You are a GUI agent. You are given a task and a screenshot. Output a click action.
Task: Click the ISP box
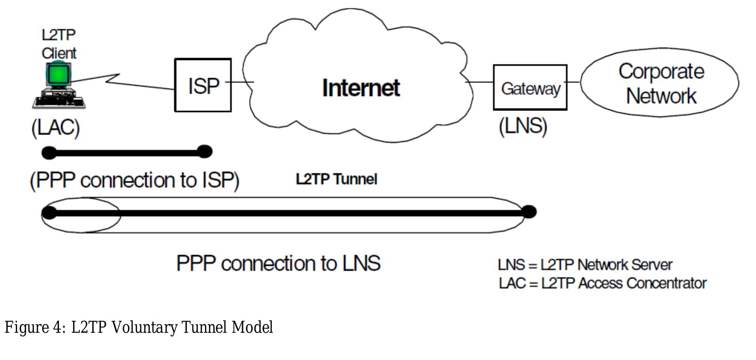pos(203,85)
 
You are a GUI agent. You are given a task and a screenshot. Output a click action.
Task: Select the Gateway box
pos(530,88)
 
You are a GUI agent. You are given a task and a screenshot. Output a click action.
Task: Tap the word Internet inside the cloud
pos(361,88)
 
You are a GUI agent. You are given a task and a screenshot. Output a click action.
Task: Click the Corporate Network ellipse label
pos(661,84)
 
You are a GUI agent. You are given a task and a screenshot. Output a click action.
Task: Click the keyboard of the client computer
pos(59,103)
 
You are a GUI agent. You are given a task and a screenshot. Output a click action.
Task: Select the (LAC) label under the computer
pos(56,127)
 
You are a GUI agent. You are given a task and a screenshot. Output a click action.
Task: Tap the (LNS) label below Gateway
pos(523,126)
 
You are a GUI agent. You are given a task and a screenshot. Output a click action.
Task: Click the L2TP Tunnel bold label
pos(337,179)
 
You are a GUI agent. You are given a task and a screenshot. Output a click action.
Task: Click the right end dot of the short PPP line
pos(205,152)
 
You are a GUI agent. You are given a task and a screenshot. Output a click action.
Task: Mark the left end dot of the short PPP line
pos(49,153)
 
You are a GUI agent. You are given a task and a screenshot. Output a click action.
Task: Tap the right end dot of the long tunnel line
pos(529,212)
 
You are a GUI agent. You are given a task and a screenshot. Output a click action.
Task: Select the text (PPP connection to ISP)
pos(135,180)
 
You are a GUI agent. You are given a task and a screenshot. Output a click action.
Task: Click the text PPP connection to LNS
pos(278,263)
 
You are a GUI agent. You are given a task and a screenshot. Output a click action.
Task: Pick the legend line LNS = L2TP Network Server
pos(585,265)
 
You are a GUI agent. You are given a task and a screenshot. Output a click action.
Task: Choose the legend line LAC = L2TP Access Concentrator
pos(602,283)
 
